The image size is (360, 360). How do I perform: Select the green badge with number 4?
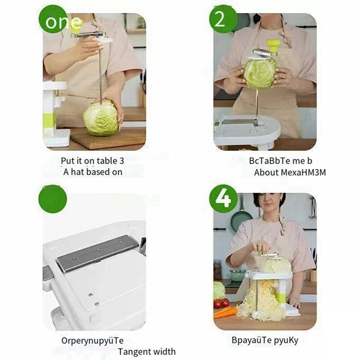224,198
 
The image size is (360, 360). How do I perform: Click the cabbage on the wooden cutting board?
101,118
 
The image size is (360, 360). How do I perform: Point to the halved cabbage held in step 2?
260,73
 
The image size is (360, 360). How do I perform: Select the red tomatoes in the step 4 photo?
221,303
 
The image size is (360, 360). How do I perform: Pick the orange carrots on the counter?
225,311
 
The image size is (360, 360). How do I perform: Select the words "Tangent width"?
147,351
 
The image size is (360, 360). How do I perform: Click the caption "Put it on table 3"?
92,160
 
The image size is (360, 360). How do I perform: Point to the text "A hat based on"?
93,171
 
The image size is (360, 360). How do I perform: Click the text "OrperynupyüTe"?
92,340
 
